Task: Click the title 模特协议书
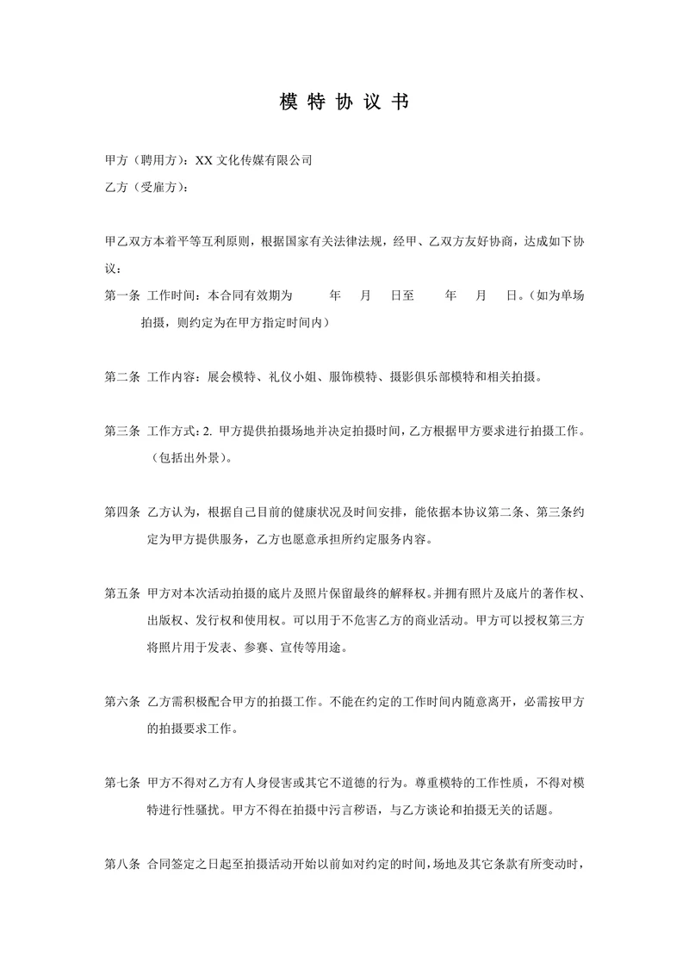(x=344, y=102)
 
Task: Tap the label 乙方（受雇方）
(x=144, y=187)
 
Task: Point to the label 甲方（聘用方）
(x=144, y=159)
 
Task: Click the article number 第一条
(x=122, y=295)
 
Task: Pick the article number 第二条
(x=122, y=376)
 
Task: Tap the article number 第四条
(x=122, y=512)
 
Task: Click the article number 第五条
(x=122, y=593)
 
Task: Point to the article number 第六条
(x=122, y=702)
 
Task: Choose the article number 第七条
(x=122, y=783)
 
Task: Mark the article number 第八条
(x=122, y=864)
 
